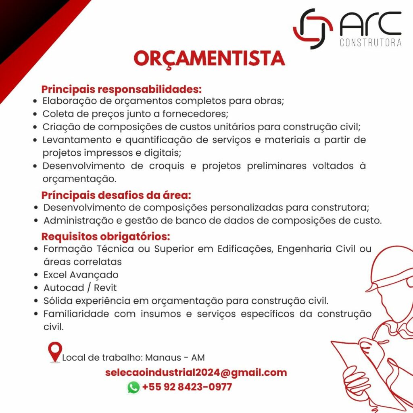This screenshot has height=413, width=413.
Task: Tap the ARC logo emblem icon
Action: point(313,29)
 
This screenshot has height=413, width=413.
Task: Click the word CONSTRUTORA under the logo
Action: point(371,43)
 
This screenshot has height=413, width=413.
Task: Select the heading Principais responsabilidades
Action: point(121,89)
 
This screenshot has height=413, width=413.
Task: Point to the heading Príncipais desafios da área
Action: point(116,195)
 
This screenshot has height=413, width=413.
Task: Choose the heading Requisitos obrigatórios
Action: point(106,236)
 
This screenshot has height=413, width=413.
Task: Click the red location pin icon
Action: point(55,353)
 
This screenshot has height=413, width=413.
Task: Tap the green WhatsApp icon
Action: point(133,388)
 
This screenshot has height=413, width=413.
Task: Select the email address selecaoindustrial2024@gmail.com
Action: point(196,372)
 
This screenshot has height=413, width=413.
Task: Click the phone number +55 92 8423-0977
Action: point(187,387)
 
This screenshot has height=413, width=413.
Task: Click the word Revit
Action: point(105,288)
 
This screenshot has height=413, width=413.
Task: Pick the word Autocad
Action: point(64,288)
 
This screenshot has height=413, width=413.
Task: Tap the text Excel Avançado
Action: point(81,275)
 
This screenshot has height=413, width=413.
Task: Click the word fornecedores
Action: point(195,114)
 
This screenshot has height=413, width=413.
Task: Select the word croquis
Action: point(167,166)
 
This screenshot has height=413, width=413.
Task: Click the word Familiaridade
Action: point(76,314)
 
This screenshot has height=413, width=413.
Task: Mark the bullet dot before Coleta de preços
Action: point(35,114)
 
